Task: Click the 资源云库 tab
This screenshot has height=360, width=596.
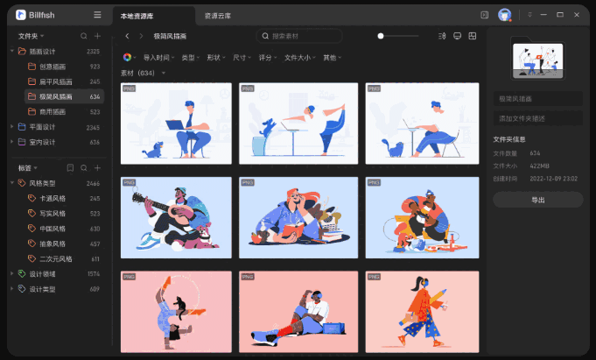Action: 218,16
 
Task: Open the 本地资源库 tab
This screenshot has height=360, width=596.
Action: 139,16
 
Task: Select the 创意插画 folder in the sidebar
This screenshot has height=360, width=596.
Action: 53,66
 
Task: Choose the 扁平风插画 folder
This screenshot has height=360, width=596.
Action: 55,81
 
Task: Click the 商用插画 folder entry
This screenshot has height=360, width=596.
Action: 53,111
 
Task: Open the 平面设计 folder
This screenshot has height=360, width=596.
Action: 42,127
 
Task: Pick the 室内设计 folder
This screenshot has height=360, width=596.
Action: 42,142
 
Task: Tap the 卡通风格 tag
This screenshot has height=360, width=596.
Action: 53,198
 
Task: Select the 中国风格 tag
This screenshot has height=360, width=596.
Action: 53,229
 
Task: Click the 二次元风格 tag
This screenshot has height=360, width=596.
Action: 56,259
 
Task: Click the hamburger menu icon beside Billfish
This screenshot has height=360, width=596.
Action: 97,15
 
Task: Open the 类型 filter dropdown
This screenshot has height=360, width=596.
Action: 190,58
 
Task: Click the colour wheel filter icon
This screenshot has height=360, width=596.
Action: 128,58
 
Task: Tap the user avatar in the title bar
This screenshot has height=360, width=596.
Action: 505,15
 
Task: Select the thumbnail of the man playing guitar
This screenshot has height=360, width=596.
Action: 176,217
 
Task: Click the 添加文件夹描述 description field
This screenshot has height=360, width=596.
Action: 537,118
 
